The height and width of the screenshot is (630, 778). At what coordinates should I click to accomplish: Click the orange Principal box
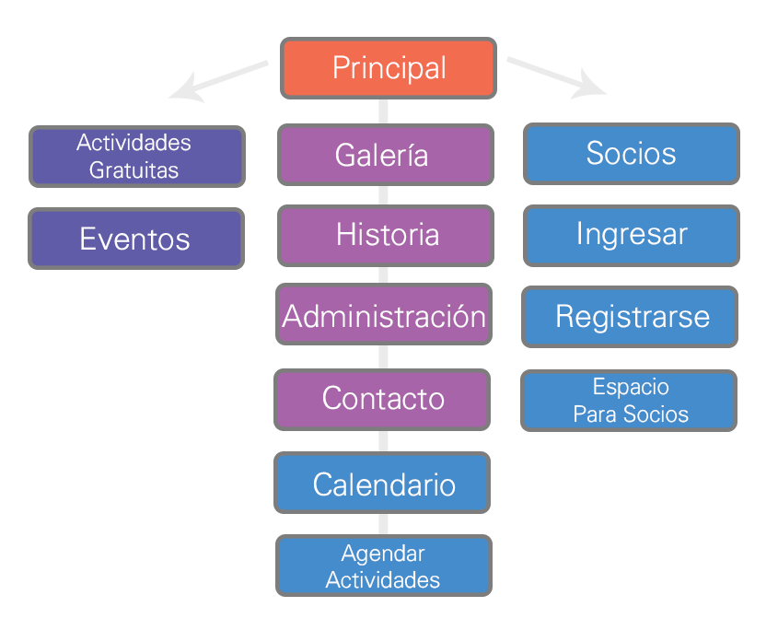(x=388, y=68)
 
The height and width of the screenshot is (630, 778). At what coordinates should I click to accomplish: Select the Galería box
(x=385, y=154)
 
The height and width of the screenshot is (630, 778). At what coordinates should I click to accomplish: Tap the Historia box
(x=385, y=235)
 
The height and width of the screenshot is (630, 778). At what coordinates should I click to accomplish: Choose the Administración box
(x=384, y=316)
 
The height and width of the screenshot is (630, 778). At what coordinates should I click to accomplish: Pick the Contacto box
(x=382, y=399)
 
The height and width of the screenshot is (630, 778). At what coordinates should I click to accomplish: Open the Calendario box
(x=382, y=484)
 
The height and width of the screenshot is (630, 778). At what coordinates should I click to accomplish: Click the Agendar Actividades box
(x=383, y=566)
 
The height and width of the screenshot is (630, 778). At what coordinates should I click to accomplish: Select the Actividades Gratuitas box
(x=136, y=156)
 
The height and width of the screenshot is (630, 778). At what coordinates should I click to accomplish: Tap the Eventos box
(x=136, y=239)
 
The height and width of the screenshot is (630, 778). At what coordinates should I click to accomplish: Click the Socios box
(x=631, y=154)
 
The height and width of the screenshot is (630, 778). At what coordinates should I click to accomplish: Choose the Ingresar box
(x=631, y=234)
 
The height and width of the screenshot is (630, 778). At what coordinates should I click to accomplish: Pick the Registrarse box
(x=631, y=317)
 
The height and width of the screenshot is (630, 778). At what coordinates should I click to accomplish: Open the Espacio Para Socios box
(x=630, y=401)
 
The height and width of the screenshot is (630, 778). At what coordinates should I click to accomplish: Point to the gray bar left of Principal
(x=218, y=81)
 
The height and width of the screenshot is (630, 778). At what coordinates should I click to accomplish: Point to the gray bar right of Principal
(x=556, y=78)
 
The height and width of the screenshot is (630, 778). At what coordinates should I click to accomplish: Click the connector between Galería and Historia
(x=384, y=194)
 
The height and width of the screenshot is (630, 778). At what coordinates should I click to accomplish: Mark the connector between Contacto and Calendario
(x=383, y=441)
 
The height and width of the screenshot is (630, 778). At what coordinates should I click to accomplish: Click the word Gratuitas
(x=134, y=170)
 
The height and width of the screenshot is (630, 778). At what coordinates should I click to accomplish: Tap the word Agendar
(x=383, y=554)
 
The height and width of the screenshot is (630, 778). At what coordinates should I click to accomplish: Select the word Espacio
(x=631, y=387)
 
